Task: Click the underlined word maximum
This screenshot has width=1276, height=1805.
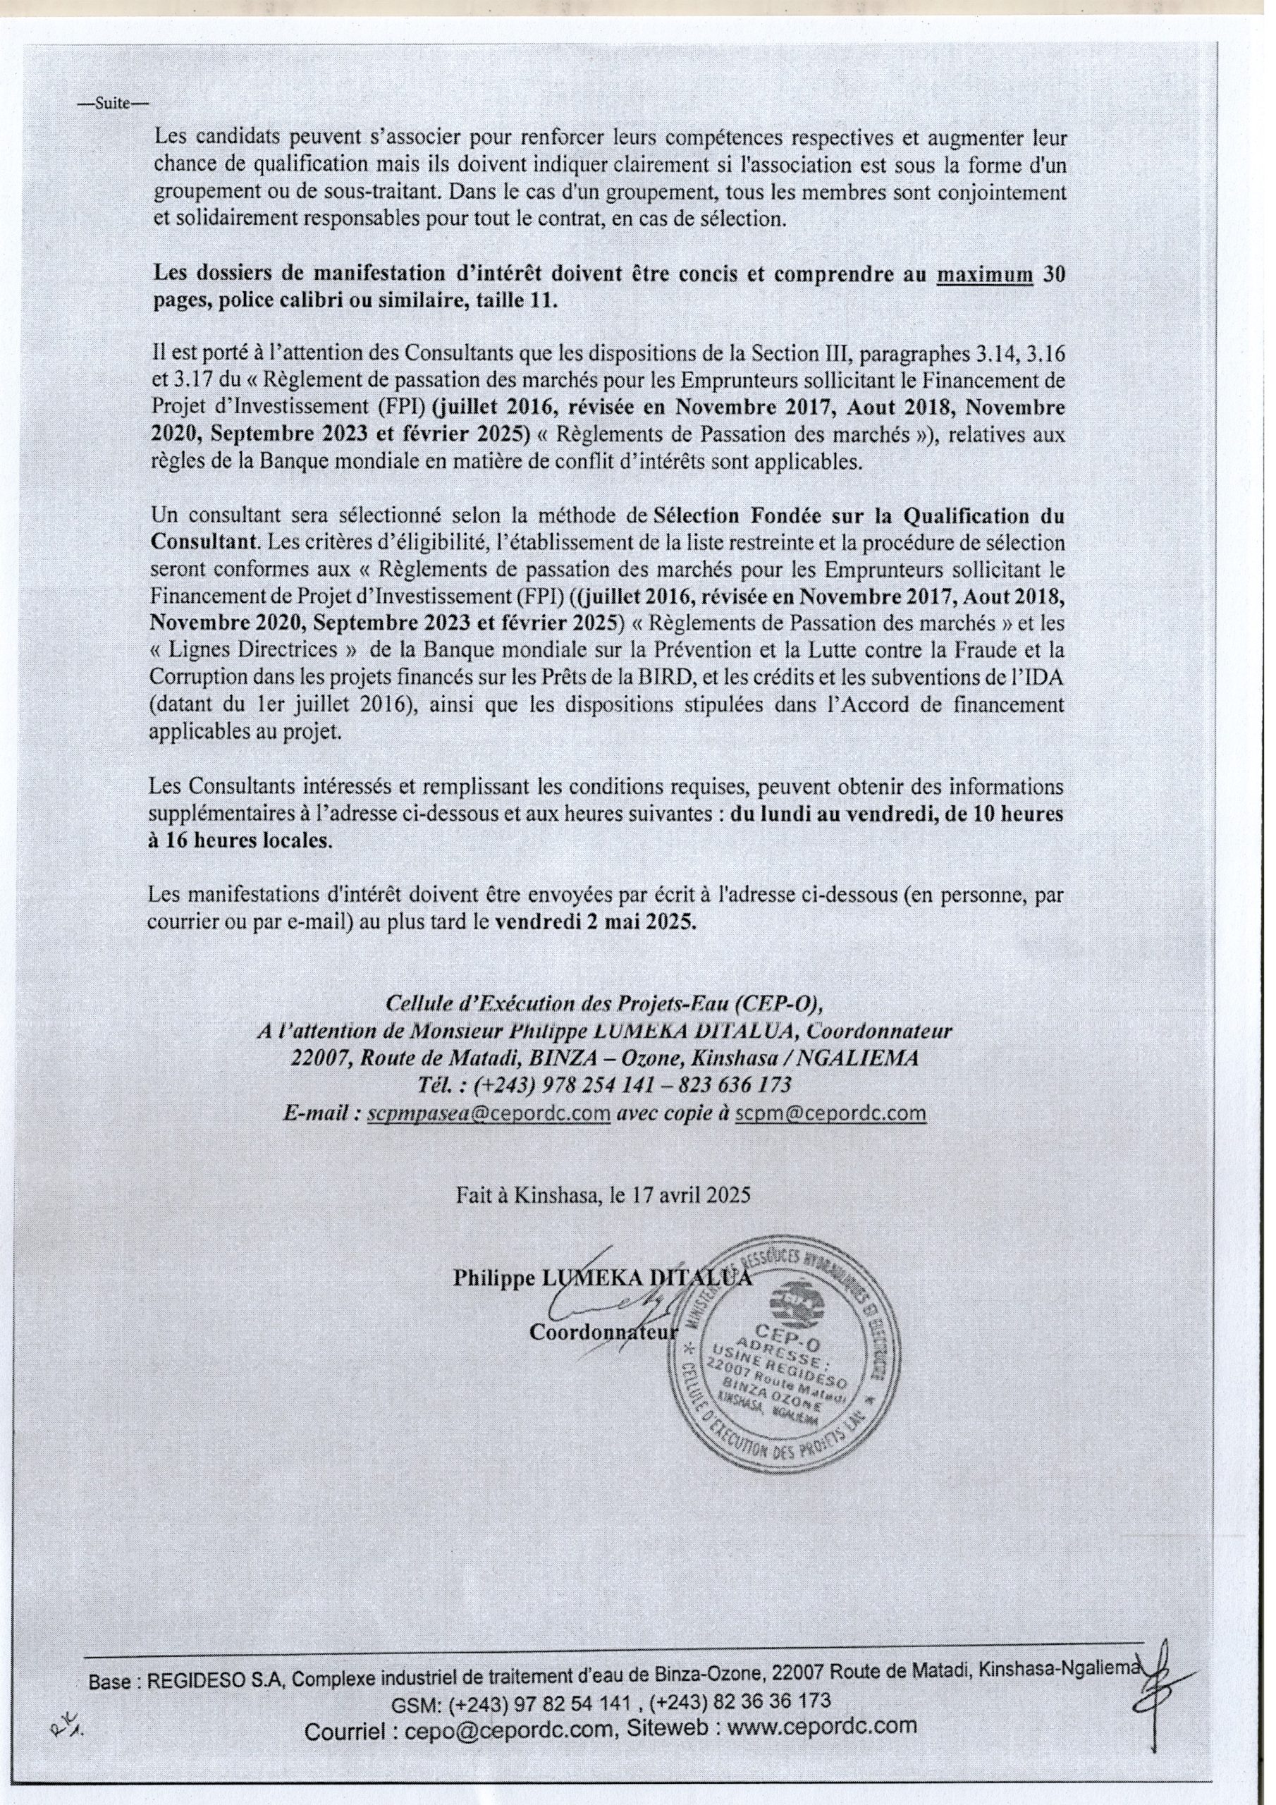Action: click(986, 274)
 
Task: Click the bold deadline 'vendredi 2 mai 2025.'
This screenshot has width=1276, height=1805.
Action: click(596, 922)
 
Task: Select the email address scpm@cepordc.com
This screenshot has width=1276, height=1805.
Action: click(830, 1113)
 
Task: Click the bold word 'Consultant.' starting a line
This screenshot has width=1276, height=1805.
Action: click(204, 542)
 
